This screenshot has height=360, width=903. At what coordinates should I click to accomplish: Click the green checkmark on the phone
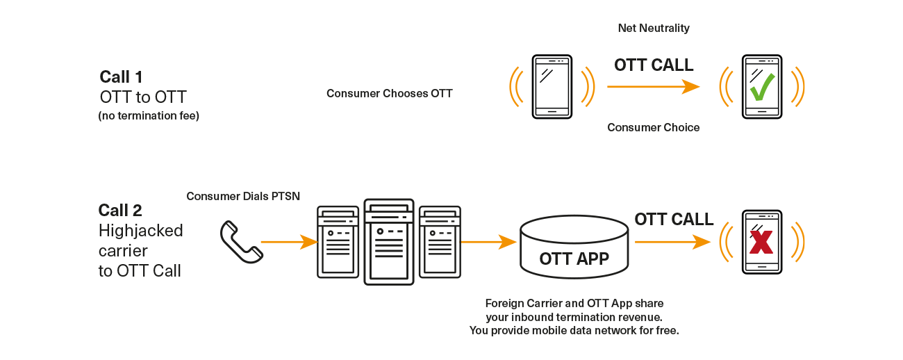click(x=762, y=87)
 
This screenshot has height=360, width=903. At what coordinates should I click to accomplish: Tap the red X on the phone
click(x=761, y=242)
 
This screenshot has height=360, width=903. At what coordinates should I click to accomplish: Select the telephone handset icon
click(x=241, y=242)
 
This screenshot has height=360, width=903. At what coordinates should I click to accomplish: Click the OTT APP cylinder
click(x=574, y=247)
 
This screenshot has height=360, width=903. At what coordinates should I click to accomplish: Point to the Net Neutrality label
click(x=654, y=28)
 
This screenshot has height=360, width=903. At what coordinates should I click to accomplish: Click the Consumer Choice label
click(x=654, y=127)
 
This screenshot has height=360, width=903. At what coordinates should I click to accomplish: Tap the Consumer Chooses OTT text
click(x=390, y=94)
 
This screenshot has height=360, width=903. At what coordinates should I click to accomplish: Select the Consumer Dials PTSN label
click(x=243, y=196)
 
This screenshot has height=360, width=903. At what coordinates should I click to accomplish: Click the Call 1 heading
click(x=121, y=77)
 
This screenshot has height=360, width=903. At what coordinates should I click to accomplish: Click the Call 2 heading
click(x=120, y=211)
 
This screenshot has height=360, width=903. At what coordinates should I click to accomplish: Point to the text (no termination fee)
click(x=149, y=115)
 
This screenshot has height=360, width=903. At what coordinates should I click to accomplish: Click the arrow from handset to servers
click(x=290, y=242)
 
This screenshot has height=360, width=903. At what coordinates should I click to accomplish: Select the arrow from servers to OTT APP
click(x=488, y=242)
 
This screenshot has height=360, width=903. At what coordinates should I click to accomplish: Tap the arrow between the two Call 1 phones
click(x=654, y=86)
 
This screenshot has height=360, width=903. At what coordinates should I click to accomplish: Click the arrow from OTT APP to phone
click(x=672, y=242)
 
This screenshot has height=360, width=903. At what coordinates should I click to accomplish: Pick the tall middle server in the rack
click(x=389, y=242)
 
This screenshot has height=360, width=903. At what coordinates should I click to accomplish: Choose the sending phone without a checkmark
click(x=552, y=87)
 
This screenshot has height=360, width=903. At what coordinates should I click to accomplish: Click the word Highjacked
click(x=141, y=231)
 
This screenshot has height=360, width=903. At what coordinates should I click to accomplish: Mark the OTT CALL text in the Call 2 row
click(x=674, y=220)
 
